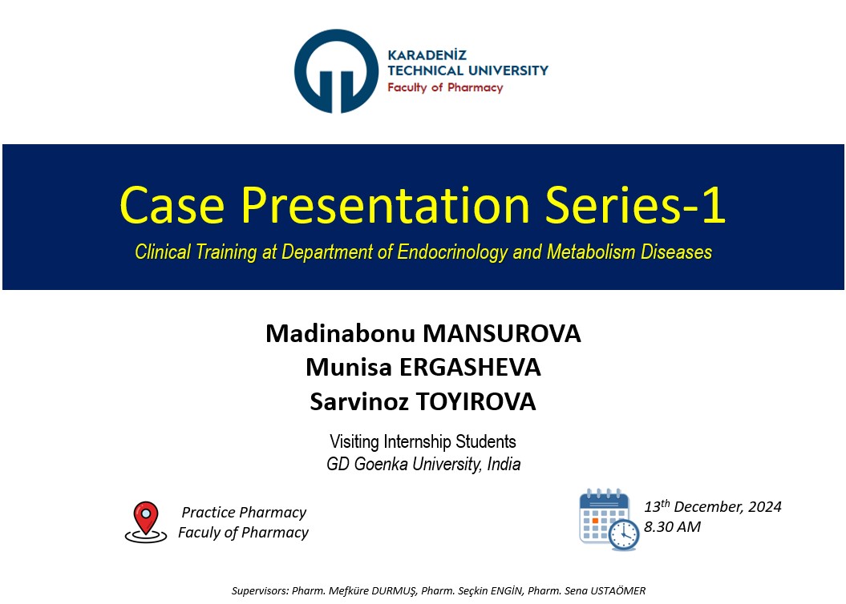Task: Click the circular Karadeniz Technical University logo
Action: click(336, 71)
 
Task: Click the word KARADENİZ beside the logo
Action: click(427, 55)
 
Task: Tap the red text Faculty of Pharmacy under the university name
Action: click(445, 88)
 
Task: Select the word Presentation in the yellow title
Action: click(385, 205)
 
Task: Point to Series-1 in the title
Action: click(635, 205)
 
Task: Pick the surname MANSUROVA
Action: click(502, 333)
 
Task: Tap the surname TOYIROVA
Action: click(476, 402)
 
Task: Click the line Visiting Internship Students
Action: click(423, 442)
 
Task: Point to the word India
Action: click(504, 464)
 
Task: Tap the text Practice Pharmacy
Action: click(244, 512)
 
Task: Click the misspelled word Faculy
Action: click(199, 533)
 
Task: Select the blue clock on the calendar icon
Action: click(624, 534)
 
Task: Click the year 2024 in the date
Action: click(764, 506)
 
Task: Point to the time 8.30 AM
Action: click(672, 526)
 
